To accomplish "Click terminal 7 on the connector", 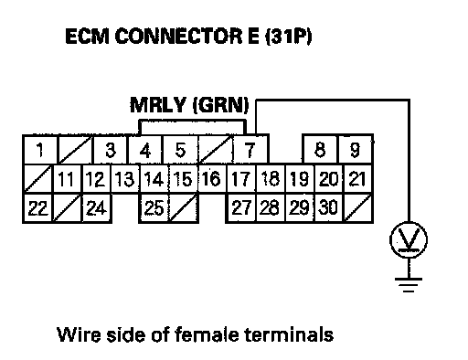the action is point(250,150).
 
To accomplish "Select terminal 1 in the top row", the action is point(40,150).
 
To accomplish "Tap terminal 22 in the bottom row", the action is point(38,208).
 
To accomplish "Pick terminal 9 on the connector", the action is point(355,150).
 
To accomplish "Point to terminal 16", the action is point(211,178).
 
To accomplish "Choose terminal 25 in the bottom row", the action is point(154,208).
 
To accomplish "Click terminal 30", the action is point(328,208).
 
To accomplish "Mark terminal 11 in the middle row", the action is point(67,178).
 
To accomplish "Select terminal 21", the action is point(357,178).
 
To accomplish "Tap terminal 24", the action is point(97,208).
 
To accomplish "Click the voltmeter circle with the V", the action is point(409,239).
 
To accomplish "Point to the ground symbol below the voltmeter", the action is point(409,285).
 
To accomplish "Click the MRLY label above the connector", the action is point(157,105).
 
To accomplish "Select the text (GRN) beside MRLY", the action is point(221,105).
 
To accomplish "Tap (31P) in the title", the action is point(288,37).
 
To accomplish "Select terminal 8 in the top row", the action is point(320,150).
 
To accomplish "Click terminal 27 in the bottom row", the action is point(241,208).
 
